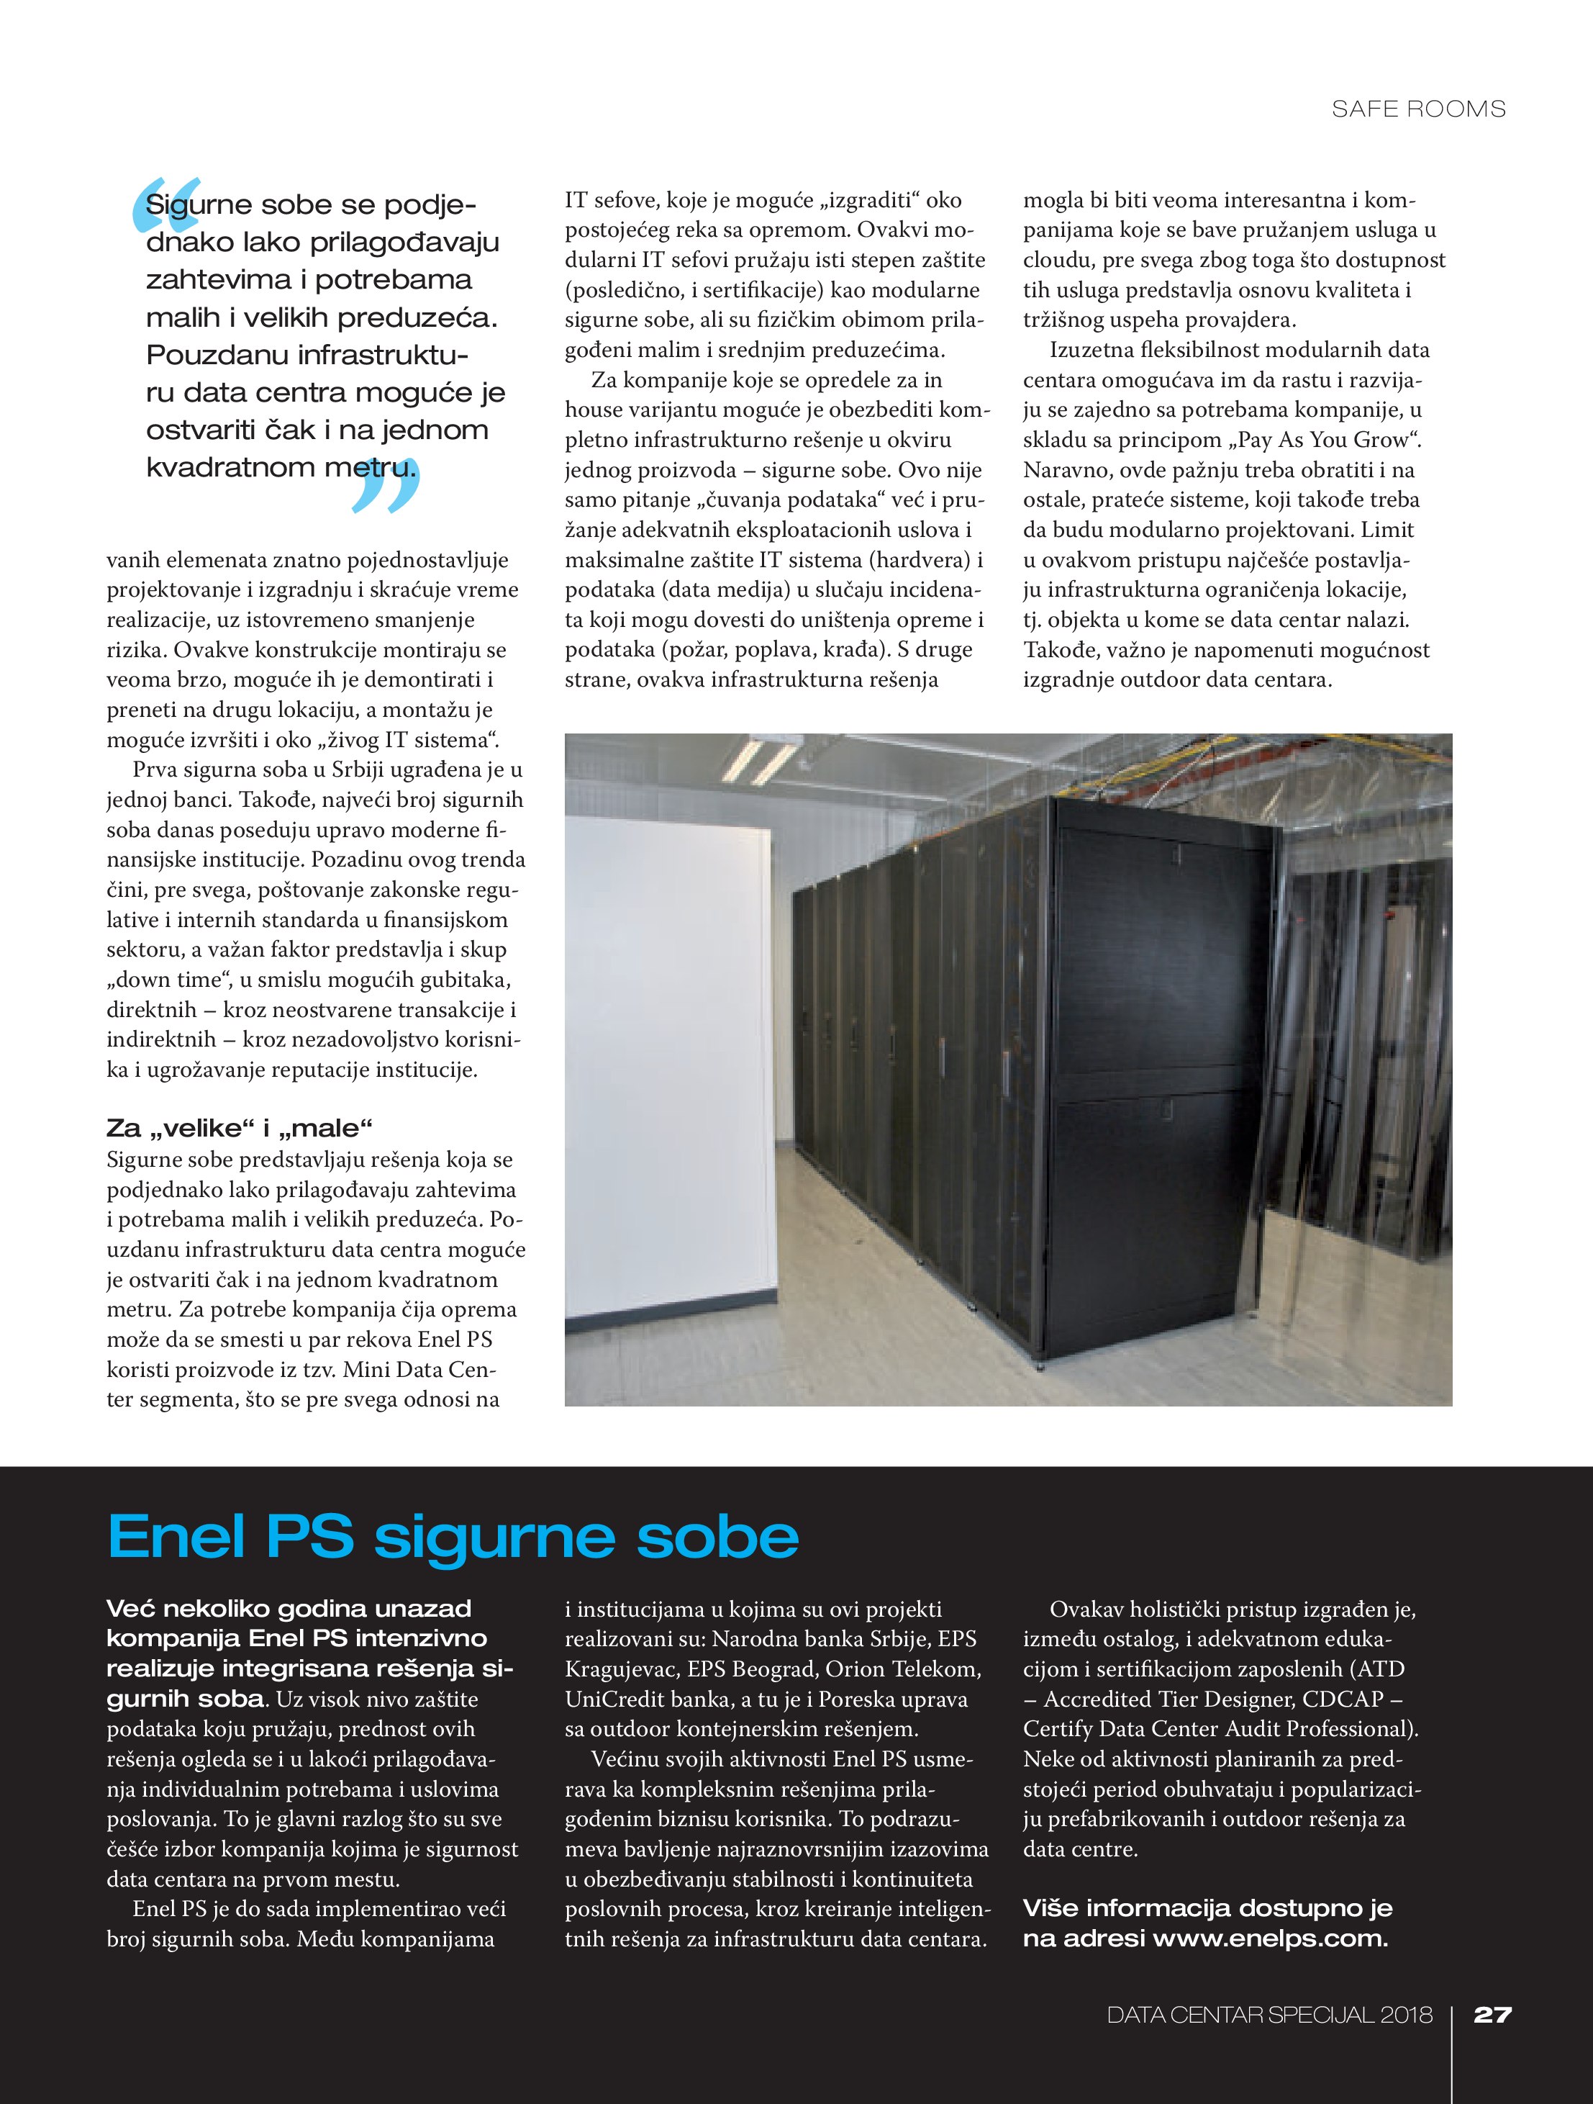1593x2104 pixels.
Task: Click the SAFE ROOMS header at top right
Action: tap(1418, 109)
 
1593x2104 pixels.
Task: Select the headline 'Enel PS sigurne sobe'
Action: tap(453, 1536)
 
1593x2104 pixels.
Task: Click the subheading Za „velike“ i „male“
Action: tap(240, 1128)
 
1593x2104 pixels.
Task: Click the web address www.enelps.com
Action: tap(1270, 1938)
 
